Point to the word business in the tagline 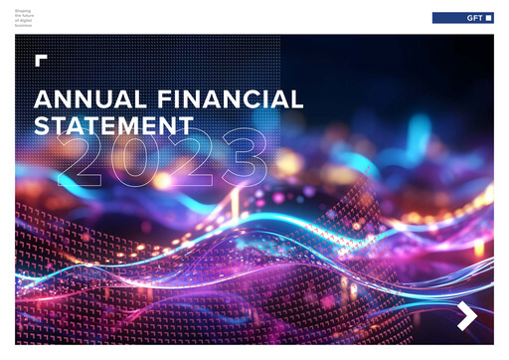[22, 24]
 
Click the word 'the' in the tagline [17, 14]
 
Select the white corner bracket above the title [40, 60]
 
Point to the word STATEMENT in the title [113, 126]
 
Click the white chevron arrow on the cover [467, 316]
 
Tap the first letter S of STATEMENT [43, 126]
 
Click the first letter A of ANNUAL [43, 99]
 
